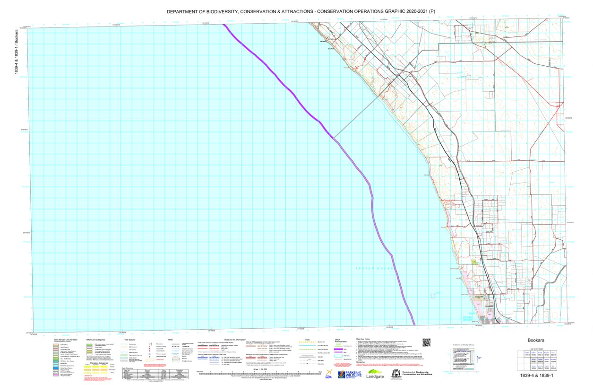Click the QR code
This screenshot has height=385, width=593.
[x=427, y=343]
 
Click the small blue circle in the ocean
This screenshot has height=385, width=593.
[x=433, y=296]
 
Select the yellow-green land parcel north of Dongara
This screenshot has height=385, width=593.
[x=474, y=261]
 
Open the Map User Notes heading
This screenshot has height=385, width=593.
[x=365, y=339]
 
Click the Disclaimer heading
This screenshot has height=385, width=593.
[x=363, y=362]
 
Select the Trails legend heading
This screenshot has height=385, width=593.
[x=308, y=339]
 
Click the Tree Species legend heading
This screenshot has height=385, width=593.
[x=130, y=340]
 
